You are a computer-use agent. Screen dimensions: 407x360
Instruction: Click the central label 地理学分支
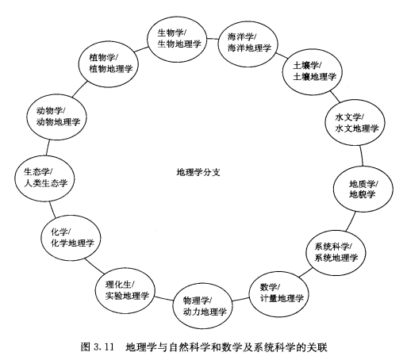(198, 172)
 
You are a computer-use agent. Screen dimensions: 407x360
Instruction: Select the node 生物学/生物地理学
(177, 39)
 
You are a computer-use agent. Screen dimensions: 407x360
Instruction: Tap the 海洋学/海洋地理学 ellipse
(248, 44)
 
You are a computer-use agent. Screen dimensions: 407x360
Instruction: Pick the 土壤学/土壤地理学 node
(313, 72)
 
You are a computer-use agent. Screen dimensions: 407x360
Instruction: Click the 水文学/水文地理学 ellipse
(355, 122)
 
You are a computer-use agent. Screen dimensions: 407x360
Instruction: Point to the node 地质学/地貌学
(363, 189)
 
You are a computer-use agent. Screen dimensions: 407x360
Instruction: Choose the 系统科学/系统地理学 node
(336, 252)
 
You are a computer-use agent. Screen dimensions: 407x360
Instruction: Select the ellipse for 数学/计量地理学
(279, 294)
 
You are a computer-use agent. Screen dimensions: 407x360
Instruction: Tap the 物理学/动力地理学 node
(202, 306)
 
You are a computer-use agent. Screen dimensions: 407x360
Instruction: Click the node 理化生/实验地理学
(125, 290)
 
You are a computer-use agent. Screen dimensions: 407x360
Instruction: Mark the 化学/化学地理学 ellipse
(71, 238)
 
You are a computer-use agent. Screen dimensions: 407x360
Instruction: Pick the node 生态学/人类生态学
(44, 178)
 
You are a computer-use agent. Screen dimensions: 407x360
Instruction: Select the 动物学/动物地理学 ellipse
(56, 117)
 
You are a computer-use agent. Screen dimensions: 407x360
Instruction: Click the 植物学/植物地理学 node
(109, 64)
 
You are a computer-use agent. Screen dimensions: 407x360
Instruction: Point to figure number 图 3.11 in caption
(97, 347)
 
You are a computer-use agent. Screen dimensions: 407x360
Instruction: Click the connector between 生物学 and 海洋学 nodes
(213, 39)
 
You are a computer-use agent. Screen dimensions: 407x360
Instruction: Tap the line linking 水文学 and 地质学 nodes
(361, 155)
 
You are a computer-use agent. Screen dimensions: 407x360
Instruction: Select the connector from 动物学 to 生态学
(48, 147)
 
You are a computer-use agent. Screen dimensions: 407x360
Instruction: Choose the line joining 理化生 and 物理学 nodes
(163, 299)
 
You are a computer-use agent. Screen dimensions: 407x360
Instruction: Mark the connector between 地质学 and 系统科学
(351, 220)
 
